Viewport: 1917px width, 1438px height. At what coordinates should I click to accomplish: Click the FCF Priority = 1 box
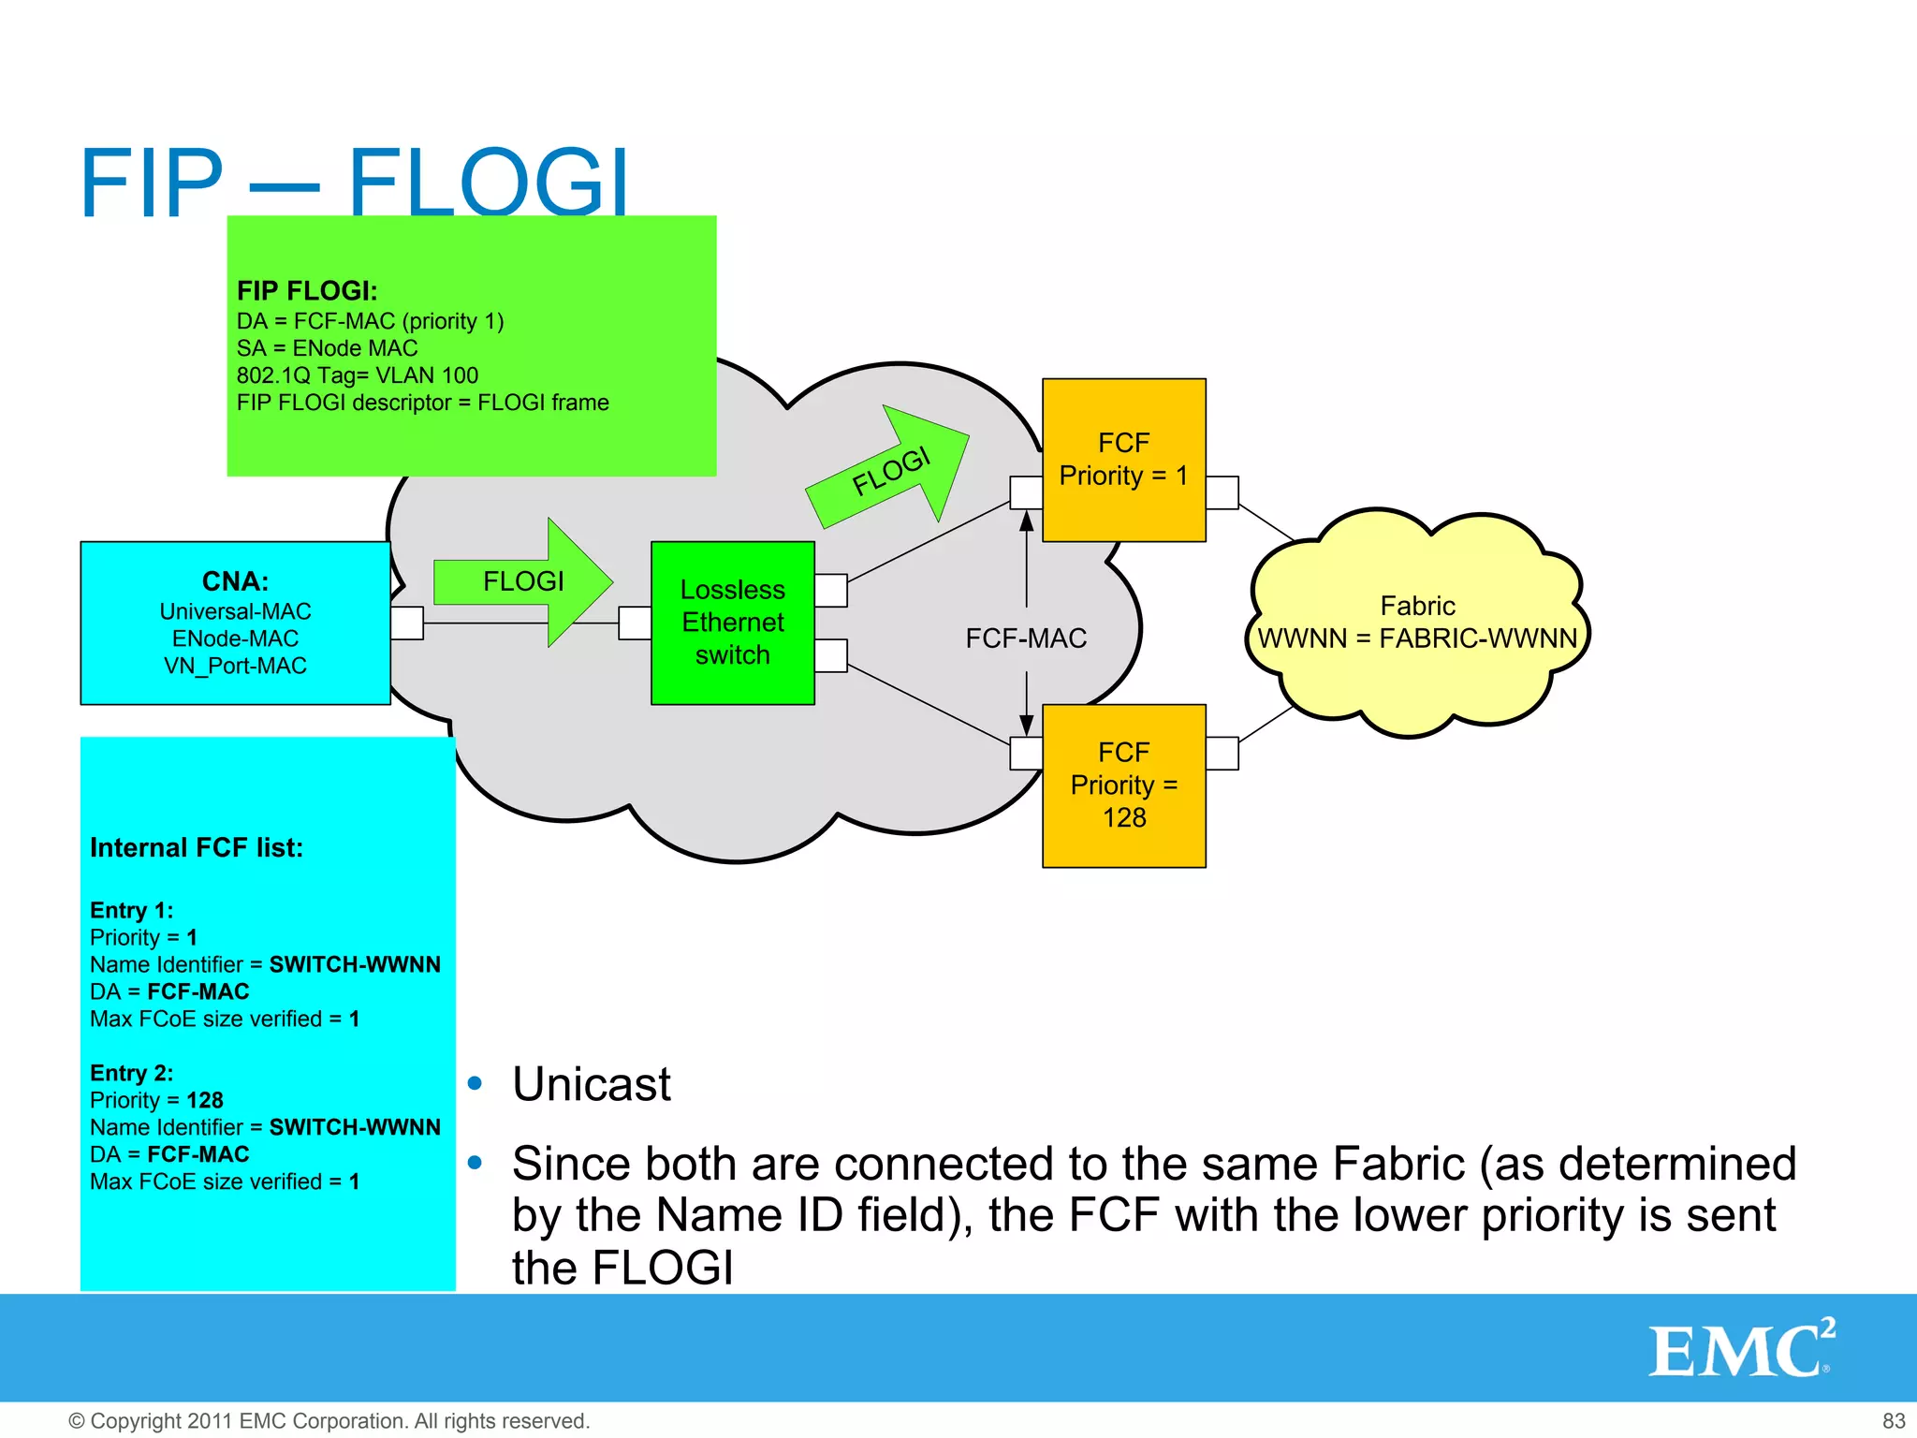(1123, 460)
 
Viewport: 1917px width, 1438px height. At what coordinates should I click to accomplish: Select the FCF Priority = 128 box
(1123, 785)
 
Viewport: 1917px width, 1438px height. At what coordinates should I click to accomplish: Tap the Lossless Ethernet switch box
(732, 623)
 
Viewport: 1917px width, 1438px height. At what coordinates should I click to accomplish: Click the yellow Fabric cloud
(1417, 623)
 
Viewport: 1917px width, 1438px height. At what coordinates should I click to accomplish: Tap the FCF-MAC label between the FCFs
(1026, 638)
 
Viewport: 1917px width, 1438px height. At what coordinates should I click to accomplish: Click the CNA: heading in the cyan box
(235, 581)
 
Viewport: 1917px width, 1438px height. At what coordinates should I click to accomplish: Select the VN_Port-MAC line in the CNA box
(235, 666)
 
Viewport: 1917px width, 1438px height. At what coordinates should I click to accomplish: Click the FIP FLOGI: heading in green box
(307, 291)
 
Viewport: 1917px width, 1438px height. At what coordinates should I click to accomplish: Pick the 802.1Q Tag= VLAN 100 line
(357, 375)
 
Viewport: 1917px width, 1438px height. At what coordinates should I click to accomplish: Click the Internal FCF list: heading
(197, 848)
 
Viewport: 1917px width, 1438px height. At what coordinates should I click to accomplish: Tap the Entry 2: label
(131, 1073)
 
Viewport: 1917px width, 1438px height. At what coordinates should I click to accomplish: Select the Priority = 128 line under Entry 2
(156, 1100)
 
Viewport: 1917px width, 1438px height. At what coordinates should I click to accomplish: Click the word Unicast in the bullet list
(592, 1084)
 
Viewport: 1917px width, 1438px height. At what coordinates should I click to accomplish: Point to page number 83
(1893, 1420)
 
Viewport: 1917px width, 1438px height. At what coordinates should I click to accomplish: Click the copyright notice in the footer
(329, 1420)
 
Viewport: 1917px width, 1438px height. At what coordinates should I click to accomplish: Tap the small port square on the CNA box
(407, 623)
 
